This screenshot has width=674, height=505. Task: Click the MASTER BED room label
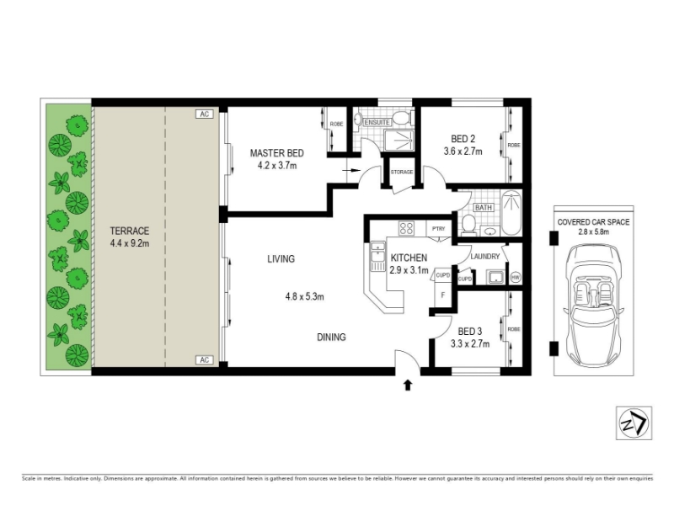tap(277, 153)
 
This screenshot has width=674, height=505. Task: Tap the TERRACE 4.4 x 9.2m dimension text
tap(130, 243)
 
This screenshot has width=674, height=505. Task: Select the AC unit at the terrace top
tap(204, 114)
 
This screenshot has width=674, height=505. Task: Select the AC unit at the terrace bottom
tap(204, 360)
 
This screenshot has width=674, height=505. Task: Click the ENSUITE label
tap(377, 122)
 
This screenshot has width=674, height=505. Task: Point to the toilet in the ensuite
tap(403, 117)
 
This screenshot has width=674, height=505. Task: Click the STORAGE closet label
tap(402, 173)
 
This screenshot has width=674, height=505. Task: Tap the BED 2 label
tap(463, 139)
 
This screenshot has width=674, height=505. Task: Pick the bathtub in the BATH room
tap(511, 213)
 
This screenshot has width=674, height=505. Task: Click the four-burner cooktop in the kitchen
tap(406, 227)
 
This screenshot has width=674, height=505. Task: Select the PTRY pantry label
tap(438, 229)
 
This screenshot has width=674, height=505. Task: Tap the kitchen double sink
tap(377, 257)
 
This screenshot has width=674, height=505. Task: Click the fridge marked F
tap(443, 295)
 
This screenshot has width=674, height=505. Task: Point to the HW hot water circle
tap(516, 278)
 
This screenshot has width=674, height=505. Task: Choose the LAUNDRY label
tap(485, 257)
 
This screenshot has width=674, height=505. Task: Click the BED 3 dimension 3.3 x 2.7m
tap(470, 343)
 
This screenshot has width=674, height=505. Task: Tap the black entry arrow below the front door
tap(408, 385)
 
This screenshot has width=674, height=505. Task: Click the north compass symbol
tap(634, 423)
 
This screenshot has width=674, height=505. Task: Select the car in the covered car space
tap(593, 305)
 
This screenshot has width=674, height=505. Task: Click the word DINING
tap(331, 338)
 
